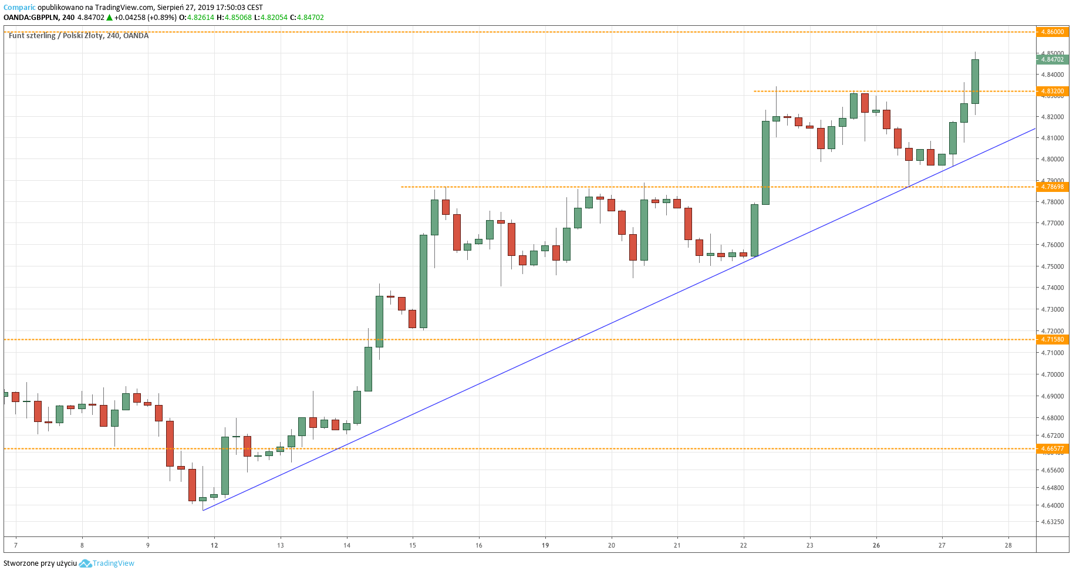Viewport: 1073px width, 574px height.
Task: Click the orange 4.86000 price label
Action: pos(1052,32)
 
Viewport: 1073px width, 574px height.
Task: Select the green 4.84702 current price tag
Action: pos(1052,59)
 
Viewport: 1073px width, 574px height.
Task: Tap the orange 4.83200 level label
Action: pos(1052,91)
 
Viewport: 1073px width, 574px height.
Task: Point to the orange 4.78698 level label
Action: pos(1052,187)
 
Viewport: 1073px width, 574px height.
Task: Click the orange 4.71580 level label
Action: pos(1052,339)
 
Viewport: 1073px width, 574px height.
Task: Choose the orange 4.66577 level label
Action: pos(1052,448)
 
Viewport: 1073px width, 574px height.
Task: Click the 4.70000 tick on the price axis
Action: pos(1052,374)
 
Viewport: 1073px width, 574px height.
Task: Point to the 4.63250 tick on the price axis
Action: pos(1052,522)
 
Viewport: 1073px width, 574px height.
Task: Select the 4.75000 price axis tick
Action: pos(1052,266)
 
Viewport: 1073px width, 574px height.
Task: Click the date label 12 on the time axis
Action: pos(214,545)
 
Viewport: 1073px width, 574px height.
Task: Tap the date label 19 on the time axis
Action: pos(545,545)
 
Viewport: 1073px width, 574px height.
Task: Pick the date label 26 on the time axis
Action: pos(876,545)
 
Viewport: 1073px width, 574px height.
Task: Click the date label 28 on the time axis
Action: pos(1008,545)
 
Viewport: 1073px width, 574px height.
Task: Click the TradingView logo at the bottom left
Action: pos(107,563)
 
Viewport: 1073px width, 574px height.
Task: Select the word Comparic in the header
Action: pos(19,8)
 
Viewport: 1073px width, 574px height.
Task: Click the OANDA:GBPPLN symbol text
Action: pos(31,18)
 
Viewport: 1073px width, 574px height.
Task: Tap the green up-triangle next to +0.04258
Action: pos(109,18)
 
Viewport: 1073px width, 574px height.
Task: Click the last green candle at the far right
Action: pos(975,81)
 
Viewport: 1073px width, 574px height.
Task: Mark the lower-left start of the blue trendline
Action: pos(203,510)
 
